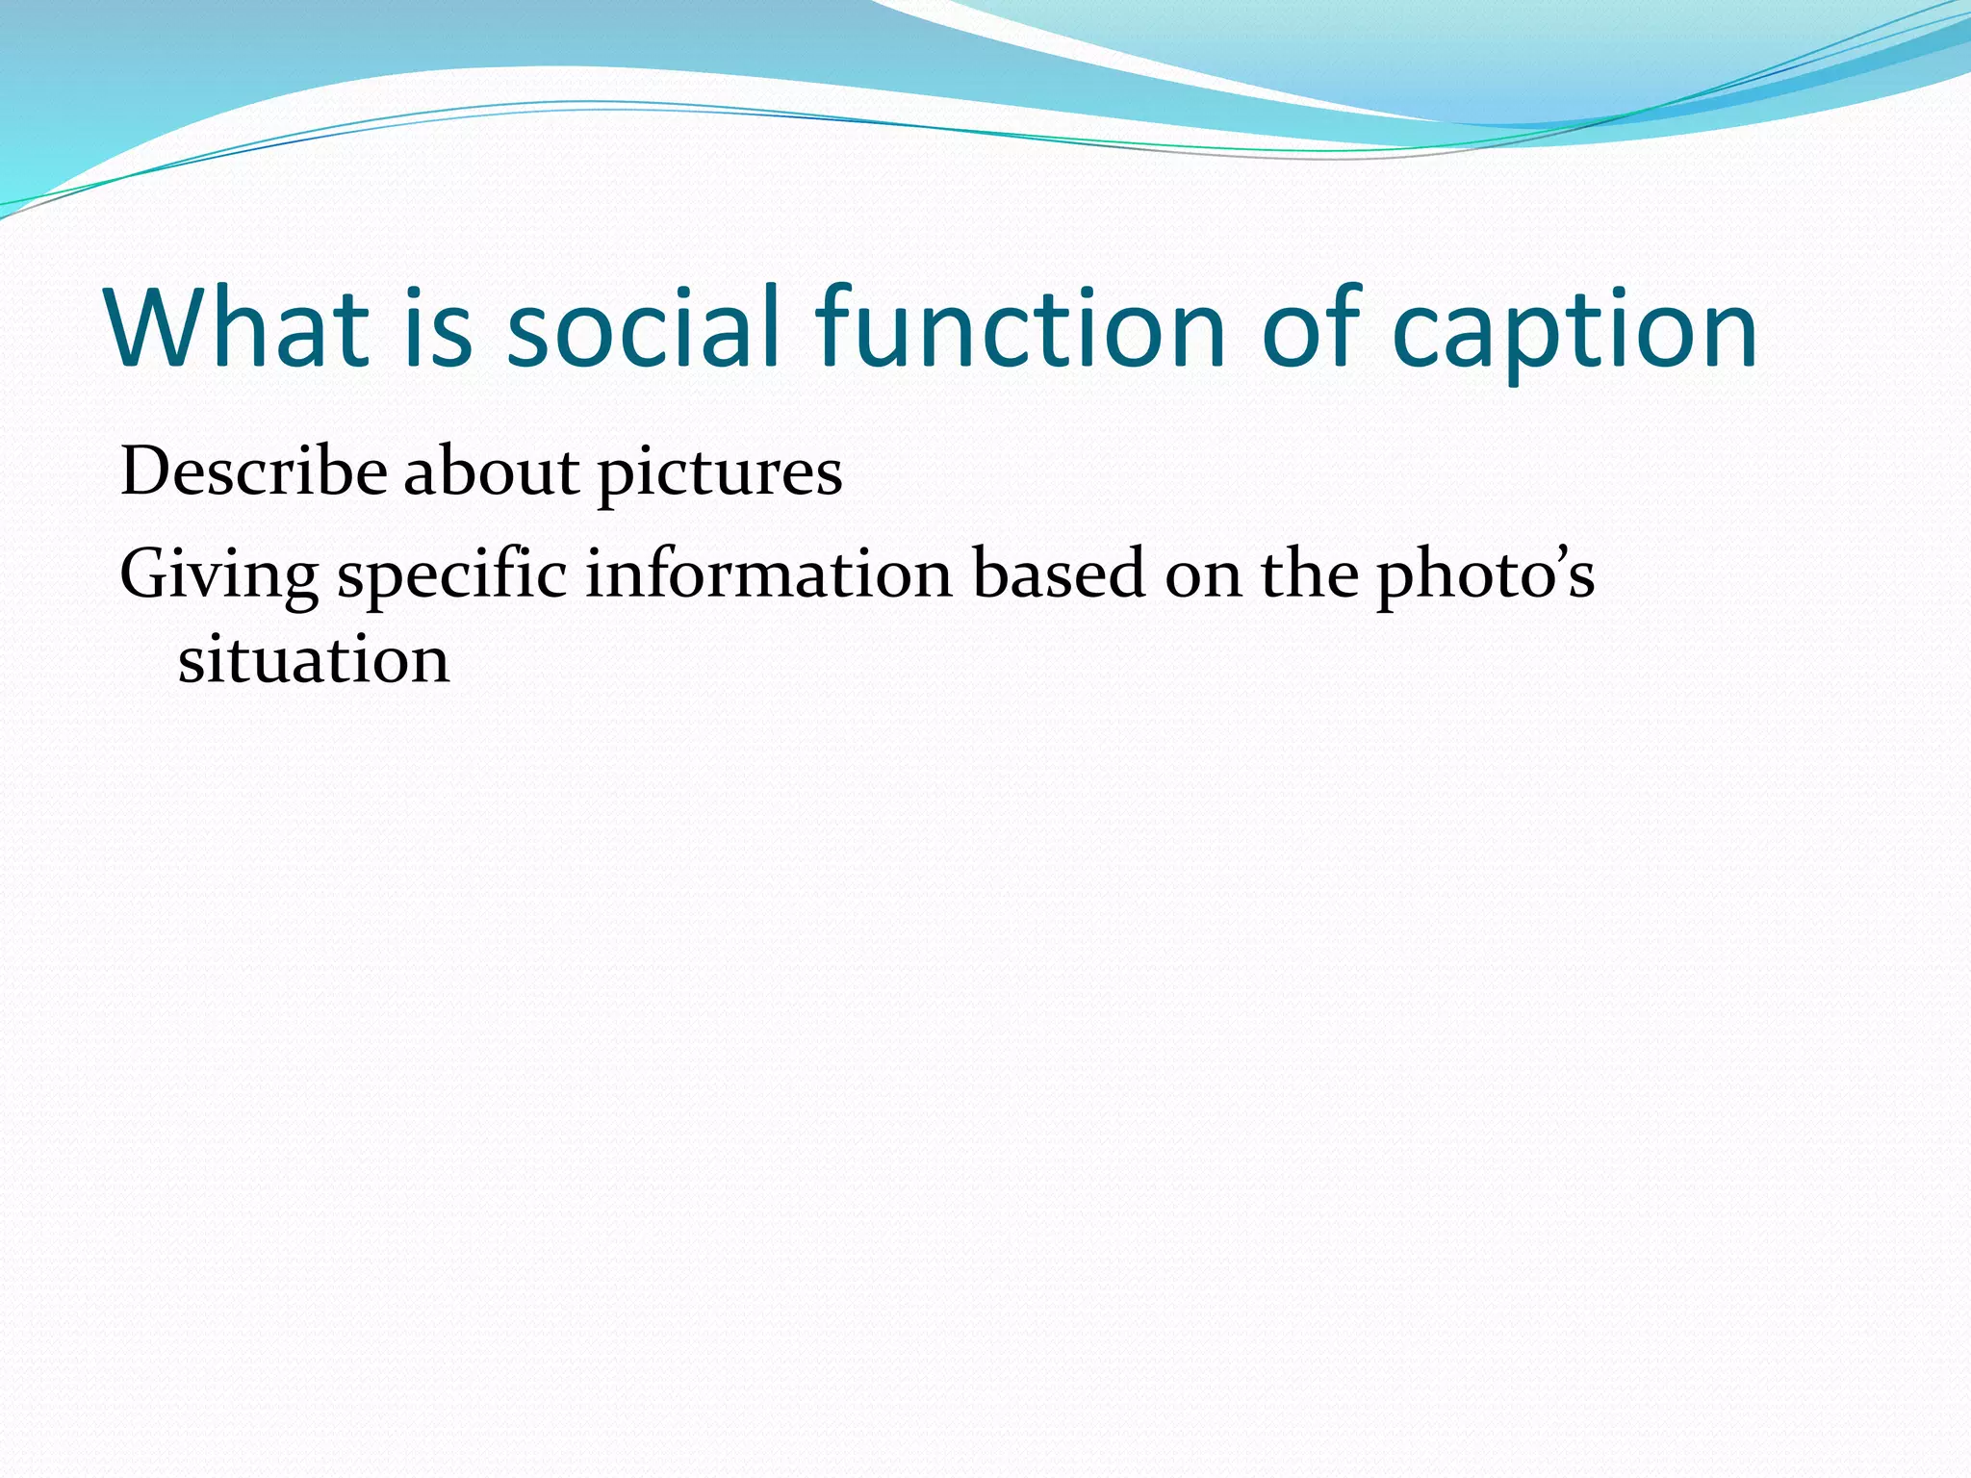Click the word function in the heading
[1021, 327]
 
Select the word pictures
[720, 476]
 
